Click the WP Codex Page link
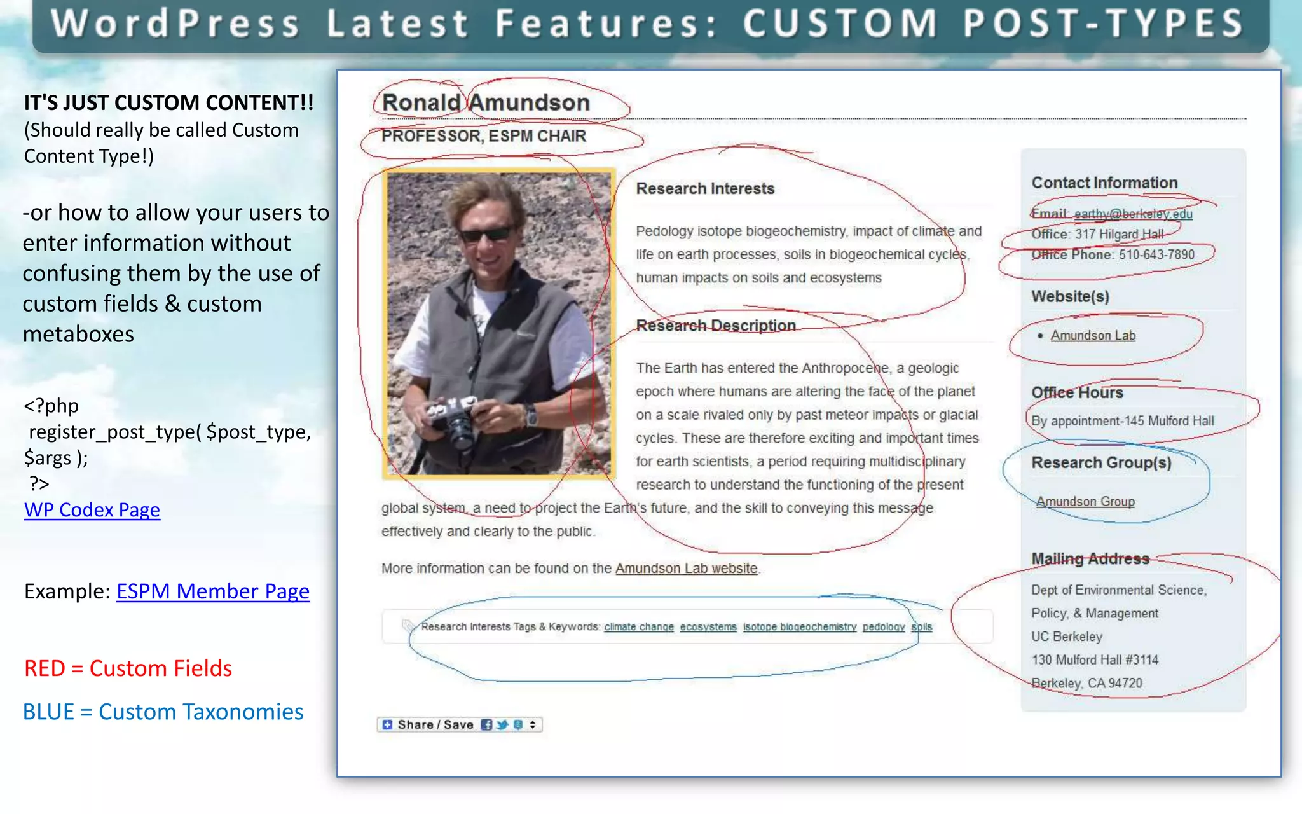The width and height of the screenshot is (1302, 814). [x=92, y=510]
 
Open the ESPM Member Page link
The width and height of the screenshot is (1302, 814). [x=212, y=591]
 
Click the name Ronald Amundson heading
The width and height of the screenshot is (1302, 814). [x=486, y=103]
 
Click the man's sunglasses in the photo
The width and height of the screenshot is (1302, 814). [x=486, y=234]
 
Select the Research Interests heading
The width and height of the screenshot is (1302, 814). [x=705, y=189]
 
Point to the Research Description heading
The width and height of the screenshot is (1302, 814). [x=716, y=326]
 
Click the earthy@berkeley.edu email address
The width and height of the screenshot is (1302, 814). [x=1133, y=214]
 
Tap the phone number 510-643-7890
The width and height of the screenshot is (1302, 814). [x=1156, y=255]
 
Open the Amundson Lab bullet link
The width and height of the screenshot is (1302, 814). [x=1093, y=336]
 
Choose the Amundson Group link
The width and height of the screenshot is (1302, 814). [x=1085, y=502]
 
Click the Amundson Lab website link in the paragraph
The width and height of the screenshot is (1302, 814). [x=686, y=569]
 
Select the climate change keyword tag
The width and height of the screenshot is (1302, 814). [x=639, y=627]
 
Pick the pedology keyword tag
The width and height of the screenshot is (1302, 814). [x=884, y=627]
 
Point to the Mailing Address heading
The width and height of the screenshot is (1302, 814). [x=1090, y=559]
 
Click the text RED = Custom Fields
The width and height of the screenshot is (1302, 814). [x=128, y=669]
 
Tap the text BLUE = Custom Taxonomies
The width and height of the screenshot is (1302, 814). [x=163, y=712]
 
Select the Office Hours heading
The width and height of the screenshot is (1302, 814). [x=1077, y=393]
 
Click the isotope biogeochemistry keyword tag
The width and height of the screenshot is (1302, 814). [x=800, y=627]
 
